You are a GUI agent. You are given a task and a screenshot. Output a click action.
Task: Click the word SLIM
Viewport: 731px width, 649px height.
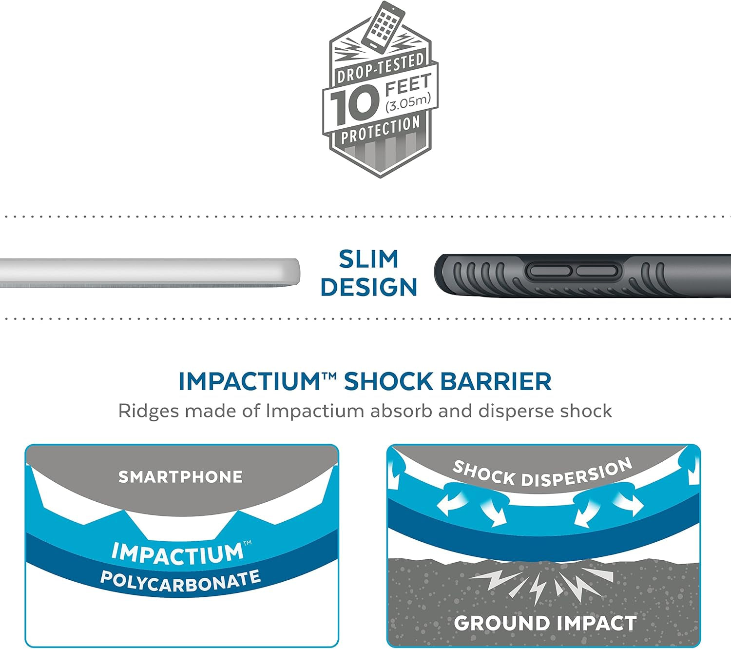(368, 259)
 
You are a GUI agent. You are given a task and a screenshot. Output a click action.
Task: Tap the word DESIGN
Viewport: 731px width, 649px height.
(369, 287)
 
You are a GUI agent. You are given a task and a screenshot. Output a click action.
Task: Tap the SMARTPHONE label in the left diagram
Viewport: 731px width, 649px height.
(180, 476)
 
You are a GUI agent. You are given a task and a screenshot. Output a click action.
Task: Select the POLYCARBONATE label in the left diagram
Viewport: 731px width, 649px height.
(180, 580)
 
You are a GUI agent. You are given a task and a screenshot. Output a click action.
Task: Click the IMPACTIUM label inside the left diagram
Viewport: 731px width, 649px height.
(178, 553)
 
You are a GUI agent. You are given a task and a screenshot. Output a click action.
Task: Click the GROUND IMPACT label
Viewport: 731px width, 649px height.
(545, 623)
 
